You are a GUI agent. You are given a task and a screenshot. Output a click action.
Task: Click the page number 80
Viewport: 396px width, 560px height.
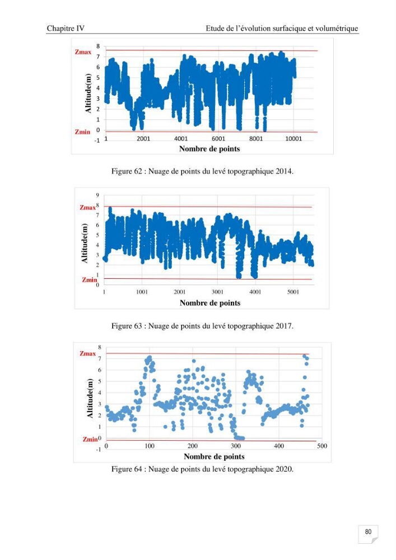pyautogui.click(x=368, y=531)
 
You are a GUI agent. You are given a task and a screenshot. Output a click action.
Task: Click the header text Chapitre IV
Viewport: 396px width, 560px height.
pyautogui.click(x=66, y=28)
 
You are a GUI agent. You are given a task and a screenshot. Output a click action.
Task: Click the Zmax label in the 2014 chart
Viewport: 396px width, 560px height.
pyautogui.click(x=83, y=52)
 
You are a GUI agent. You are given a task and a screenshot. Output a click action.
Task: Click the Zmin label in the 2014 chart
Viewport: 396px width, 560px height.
pyautogui.click(x=82, y=132)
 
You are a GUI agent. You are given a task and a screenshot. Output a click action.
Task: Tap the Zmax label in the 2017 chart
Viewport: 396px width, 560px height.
pyautogui.click(x=87, y=208)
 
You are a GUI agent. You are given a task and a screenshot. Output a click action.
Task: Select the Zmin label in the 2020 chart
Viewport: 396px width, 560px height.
pyautogui.click(x=90, y=439)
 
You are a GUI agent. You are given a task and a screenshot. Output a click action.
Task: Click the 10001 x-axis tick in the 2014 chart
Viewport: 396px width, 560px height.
pyautogui.click(x=293, y=138)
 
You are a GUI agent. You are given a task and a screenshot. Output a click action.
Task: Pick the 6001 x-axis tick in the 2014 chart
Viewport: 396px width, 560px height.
pyautogui.click(x=218, y=138)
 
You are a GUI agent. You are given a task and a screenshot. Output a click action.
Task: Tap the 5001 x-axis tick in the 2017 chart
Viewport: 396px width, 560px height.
pyautogui.click(x=293, y=292)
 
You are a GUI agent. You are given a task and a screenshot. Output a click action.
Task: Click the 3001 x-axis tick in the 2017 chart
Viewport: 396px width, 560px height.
pyautogui.click(x=217, y=292)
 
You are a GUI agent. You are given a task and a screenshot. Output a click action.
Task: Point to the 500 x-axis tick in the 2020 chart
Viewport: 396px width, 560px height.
pyautogui.click(x=322, y=446)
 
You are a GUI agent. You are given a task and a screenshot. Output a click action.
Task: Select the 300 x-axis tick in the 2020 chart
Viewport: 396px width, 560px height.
pyautogui.click(x=236, y=446)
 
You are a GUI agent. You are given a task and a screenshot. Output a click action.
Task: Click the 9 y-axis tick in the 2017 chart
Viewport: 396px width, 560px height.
pyautogui.click(x=97, y=195)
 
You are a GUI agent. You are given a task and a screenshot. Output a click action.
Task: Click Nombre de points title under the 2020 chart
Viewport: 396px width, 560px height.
pyautogui.click(x=215, y=456)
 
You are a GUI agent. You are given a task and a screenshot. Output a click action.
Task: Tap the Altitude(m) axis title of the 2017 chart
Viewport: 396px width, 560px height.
pyautogui.click(x=85, y=243)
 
